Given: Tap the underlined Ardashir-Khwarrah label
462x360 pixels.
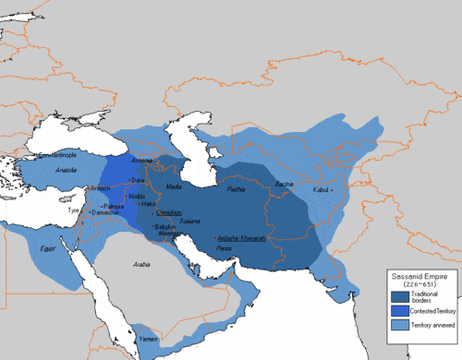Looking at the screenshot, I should coord(245,237).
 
